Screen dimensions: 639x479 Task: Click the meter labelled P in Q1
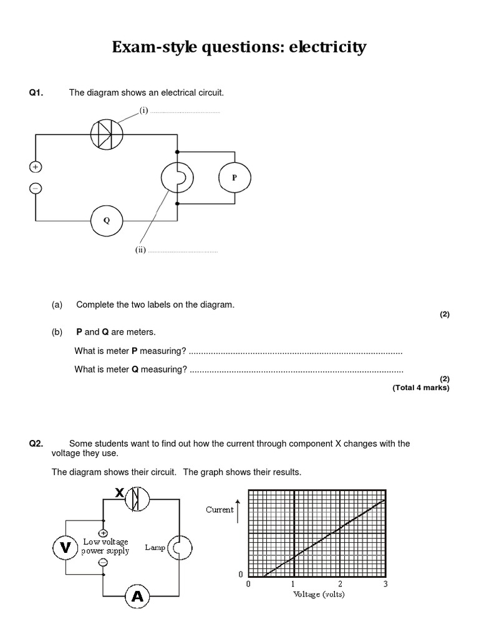235,178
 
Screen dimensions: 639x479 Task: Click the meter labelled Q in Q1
107,220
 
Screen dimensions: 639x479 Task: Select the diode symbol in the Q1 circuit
107,134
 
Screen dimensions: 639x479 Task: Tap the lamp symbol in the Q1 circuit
178,178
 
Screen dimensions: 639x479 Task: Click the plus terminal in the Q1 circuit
35,167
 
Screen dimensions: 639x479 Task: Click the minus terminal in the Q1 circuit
35,188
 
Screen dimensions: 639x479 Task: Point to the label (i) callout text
144,110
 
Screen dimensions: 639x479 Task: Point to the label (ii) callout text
141,250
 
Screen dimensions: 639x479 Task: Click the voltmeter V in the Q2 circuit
65,548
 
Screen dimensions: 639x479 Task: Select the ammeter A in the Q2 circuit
137,597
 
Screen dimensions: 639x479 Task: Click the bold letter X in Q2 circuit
120,493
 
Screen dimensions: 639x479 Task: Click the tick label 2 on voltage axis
339,584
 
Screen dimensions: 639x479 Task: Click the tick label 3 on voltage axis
385,584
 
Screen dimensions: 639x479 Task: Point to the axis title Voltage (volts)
318,594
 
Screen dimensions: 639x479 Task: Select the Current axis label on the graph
220,509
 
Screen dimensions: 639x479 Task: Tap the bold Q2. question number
36,444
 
